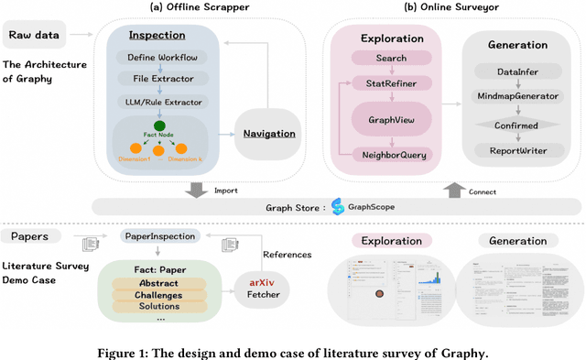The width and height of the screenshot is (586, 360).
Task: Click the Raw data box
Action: [x=34, y=36]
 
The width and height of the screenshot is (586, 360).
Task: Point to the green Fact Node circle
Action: [x=159, y=125]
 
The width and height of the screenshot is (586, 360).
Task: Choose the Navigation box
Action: [x=268, y=135]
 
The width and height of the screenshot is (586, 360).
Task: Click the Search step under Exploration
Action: [x=391, y=58]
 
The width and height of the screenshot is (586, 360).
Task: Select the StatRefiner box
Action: [x=391, y=83]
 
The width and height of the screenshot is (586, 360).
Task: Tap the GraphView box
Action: [x=391, y=118]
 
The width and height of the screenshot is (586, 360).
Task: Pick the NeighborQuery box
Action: [x=391, y=156]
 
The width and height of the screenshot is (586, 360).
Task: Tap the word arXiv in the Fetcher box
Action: [x=262, y=284]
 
